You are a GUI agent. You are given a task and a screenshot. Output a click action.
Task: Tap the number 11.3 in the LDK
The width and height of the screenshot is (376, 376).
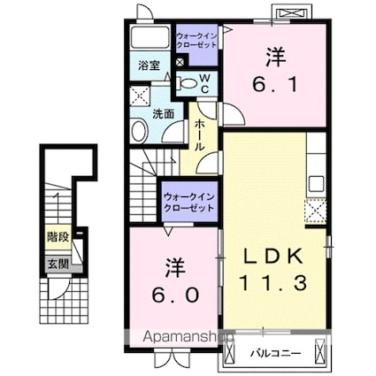pos(272,284)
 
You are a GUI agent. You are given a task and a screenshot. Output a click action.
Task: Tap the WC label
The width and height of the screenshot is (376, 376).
pos(204,83)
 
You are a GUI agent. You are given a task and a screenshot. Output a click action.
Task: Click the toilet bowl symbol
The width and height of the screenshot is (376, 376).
pos(186,82)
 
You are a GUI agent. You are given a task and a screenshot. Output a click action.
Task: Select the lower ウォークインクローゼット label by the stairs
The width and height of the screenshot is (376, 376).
pos(189,201)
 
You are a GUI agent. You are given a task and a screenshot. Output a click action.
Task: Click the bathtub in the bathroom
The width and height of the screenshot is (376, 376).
pos(149,37)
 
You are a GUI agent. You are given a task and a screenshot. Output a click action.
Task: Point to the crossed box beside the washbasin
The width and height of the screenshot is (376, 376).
pos(139,96)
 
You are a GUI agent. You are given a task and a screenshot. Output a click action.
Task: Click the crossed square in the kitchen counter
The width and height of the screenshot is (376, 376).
pos(315,211)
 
